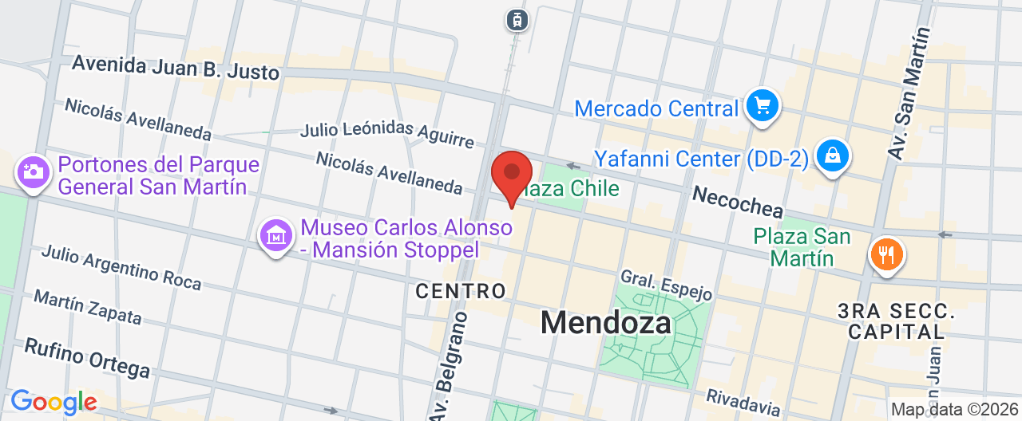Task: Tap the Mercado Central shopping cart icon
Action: point(762,105)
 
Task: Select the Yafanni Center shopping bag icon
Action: point(833,156)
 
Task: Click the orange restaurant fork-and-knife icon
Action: point(886,255)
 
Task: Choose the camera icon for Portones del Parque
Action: point(33,171)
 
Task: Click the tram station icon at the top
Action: point(517,20)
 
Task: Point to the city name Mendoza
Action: point(606,322)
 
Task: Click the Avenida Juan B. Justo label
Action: point(176,68)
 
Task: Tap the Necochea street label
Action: point(737,203)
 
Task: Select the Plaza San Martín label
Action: point(802,247)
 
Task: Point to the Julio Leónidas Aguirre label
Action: point(386,133)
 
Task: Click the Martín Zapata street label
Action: point(88,307)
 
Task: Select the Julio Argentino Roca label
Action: point(121,267)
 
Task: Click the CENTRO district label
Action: point(461,291)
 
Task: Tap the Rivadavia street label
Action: point(743,402)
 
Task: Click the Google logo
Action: point(53,403)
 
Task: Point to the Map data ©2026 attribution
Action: point(955,410)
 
